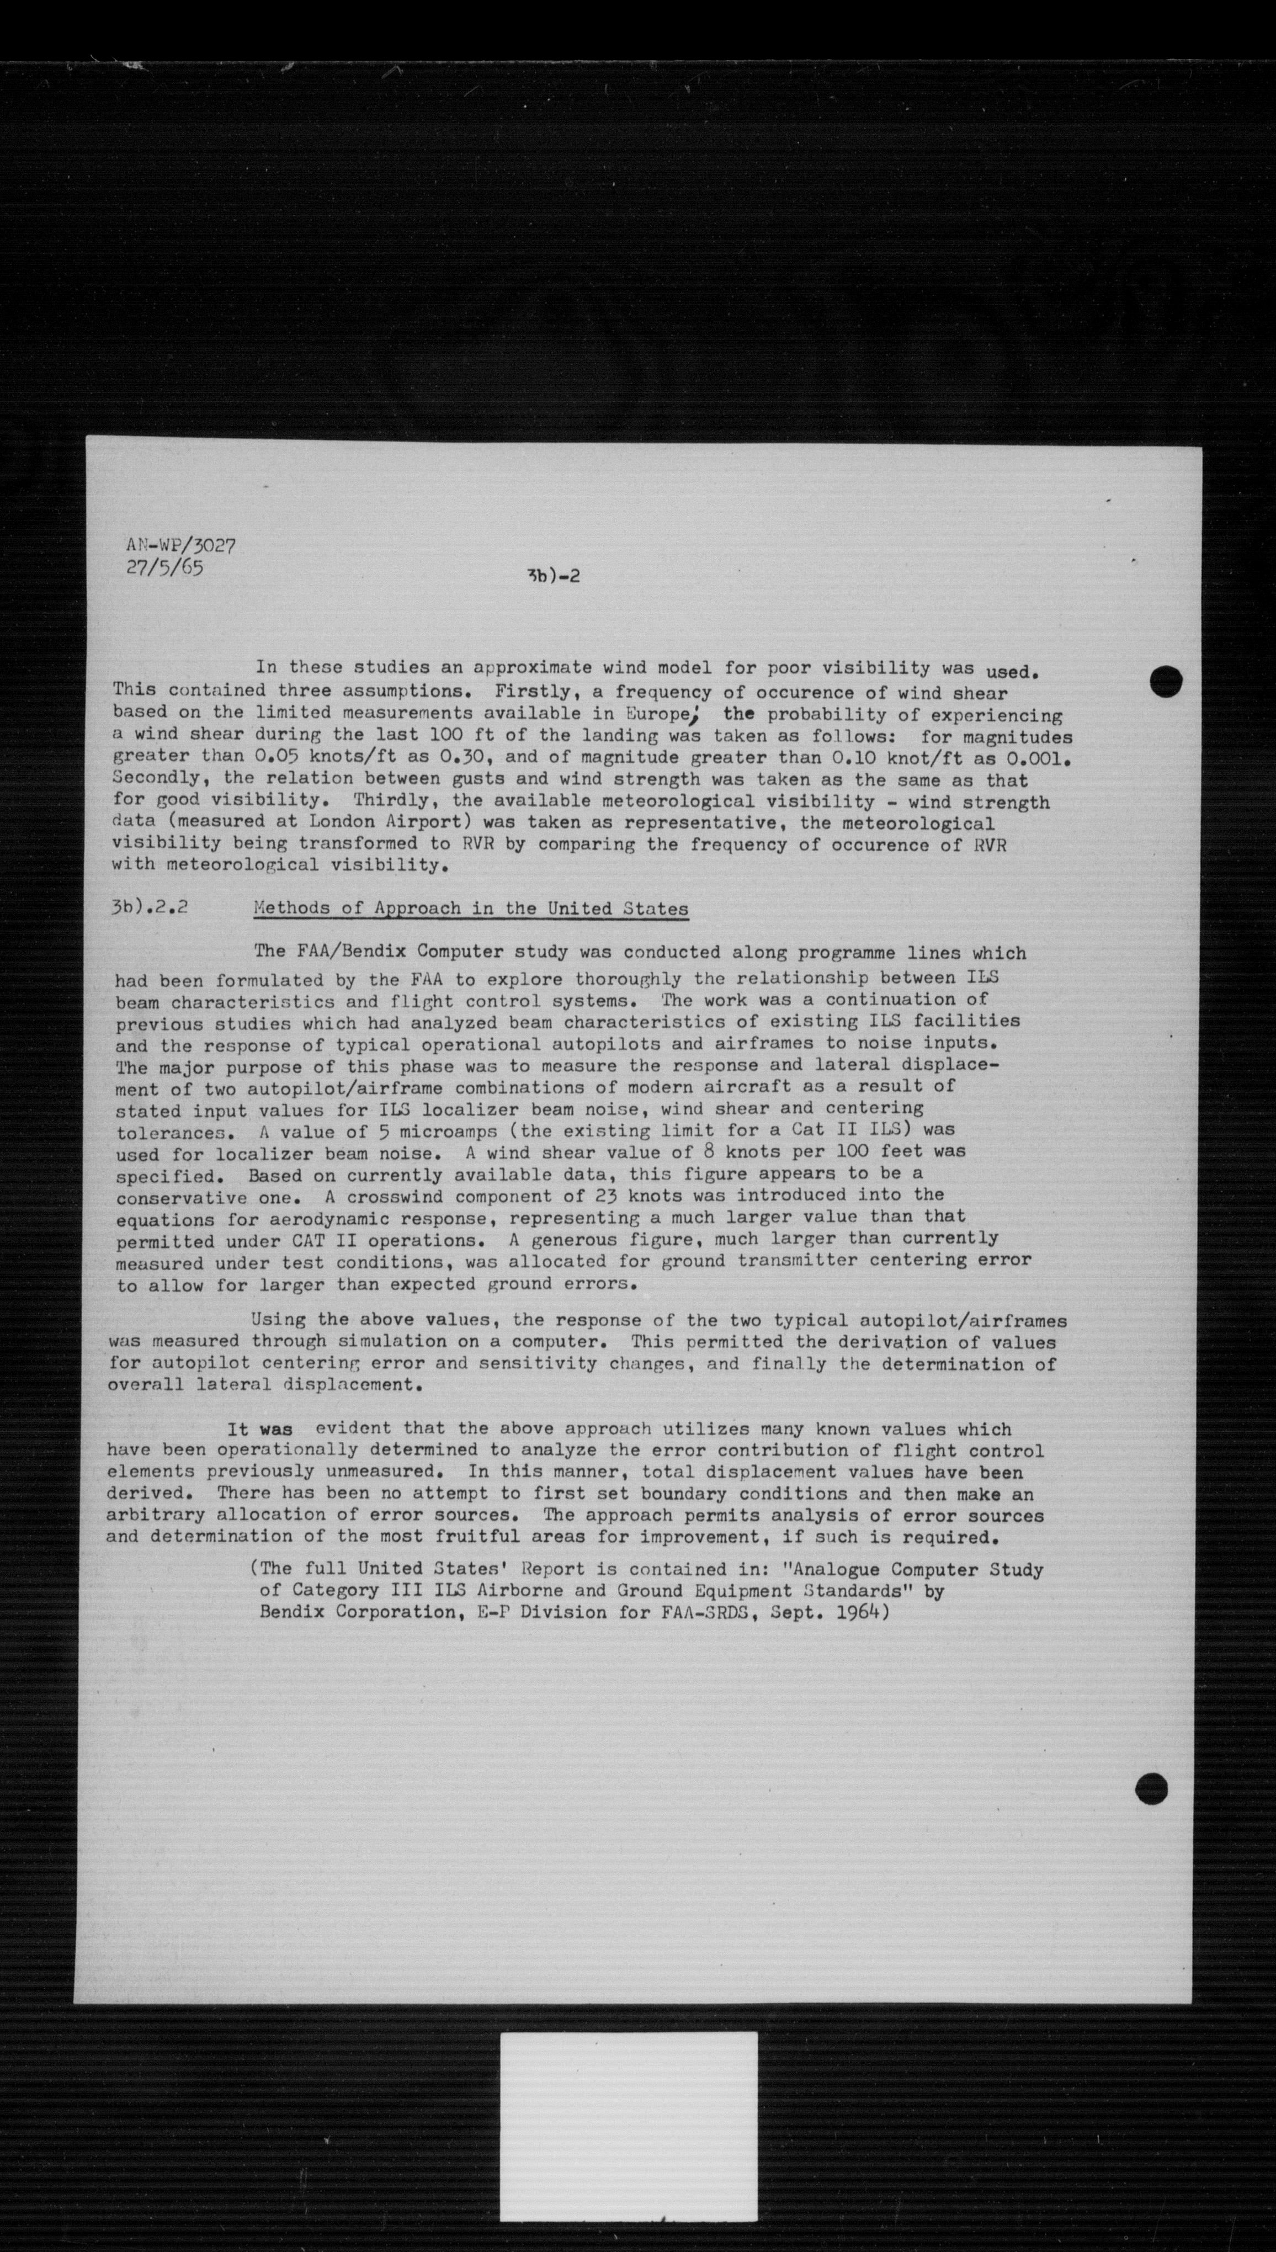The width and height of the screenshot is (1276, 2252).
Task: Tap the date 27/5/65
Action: pyautogui.click(x=165, y=568)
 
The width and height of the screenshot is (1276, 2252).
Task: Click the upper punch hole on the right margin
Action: pyautogui.click(x=1167, y=682)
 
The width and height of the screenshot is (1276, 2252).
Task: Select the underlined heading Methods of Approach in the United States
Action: pyautogui.click(x=471, y=909)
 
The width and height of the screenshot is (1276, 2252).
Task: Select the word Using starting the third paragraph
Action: pyautogui.click(x=278, y=1320)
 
